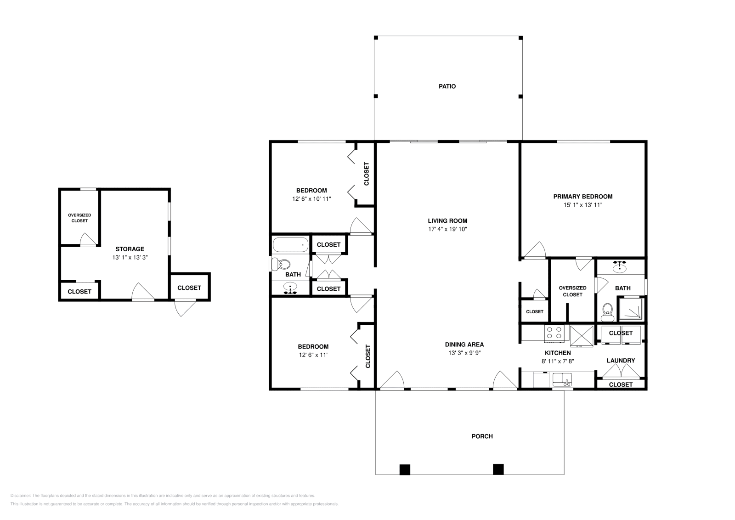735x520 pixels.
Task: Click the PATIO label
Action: click(x=447, y=86)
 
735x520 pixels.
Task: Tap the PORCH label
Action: click(x=482, y=436)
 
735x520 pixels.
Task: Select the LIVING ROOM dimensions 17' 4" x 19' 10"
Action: click(x=447, y=229)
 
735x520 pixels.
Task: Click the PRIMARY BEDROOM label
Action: click(x=583, y=197)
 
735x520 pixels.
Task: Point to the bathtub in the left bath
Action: click(x=290, y=245)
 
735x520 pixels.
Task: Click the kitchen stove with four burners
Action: click(x=554, y=333)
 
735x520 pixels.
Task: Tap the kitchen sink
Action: click(x=562, y=379)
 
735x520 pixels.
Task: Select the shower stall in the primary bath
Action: click(x=630, y=309)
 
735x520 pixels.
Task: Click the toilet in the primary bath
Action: click(x=607, y=312)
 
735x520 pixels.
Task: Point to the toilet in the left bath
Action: click(x=281, y=264)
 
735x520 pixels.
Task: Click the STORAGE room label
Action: click(x=130, y=249)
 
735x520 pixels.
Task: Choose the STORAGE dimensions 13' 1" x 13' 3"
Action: click(x=130, y=258)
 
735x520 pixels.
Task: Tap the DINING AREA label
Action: click(x=464, y=345)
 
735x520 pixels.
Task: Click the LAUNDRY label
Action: click(x=621, y=361)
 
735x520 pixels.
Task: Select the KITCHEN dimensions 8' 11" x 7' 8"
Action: click(x=558, y=362)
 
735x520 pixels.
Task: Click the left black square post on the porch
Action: click(x=405, y=469)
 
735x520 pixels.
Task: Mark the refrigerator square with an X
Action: click(x=582, y=336)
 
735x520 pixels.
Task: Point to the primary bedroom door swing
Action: click(x=535, y=250)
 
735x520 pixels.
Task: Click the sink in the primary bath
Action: click(x=620, y=267)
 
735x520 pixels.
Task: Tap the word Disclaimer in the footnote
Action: click(x=20, y=496)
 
